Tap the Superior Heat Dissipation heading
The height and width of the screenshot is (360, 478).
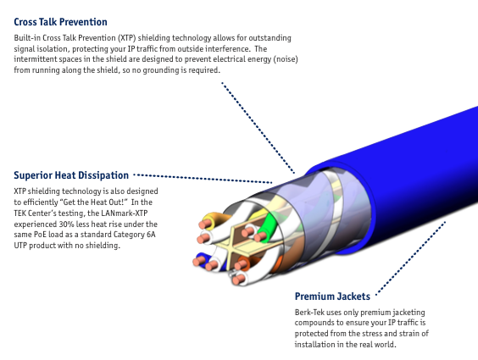pos(71,175)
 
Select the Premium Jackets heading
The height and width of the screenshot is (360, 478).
pos(332,296)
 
